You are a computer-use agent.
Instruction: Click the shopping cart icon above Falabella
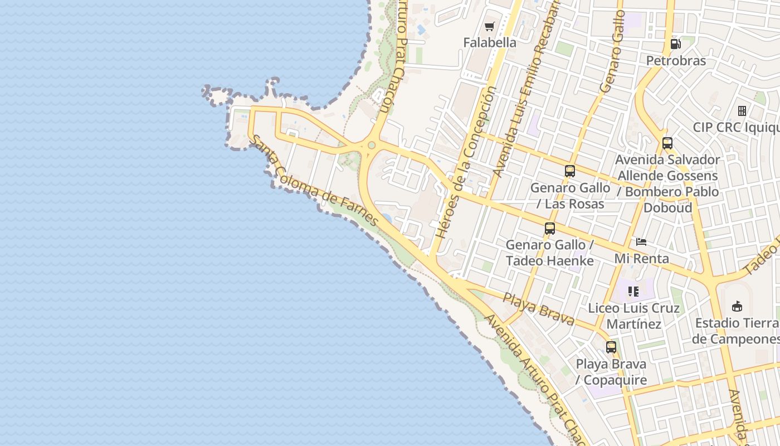click(489, 26)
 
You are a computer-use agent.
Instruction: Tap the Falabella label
click(490, 42)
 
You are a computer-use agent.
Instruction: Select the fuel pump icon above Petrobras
click(675, 44)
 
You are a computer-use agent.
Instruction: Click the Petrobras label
click(676, 61)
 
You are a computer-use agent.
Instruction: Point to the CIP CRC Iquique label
click(735, 127)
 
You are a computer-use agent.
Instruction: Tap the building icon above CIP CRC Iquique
click(742, 110)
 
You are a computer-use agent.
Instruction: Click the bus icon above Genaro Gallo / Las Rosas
click(569, 171)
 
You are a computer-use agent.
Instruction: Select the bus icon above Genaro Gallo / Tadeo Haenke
click(550, 228)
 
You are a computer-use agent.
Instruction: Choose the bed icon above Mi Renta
click(641, 242)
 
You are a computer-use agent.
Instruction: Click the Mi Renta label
click(641, 259)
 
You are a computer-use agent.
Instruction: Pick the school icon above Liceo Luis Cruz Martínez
click(633, 291)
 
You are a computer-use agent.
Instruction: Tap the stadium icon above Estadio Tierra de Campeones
click(737, 306)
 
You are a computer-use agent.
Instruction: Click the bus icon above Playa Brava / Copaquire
click(611, 347)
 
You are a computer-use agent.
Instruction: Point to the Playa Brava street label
click(538, 308)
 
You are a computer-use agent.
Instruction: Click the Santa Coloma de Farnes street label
click(315, 181)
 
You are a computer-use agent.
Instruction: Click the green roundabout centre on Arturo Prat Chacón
click(372, 146)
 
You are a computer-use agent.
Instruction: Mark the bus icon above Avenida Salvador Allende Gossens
click(667, 143)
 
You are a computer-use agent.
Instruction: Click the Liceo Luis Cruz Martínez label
click(634, 316)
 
